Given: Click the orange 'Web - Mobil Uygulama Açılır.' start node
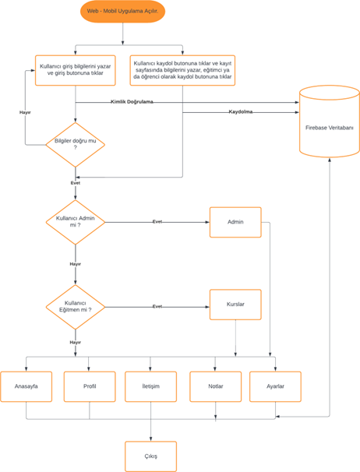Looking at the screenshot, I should [x=122, y=12].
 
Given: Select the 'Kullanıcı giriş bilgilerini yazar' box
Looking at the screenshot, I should [x=75, y=70].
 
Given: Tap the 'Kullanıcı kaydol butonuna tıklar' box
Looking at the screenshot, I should [x=182, y=69].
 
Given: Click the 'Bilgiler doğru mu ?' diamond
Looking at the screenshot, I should [x=75, y=143].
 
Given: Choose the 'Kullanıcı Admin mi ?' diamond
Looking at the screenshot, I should [x=75, y=221].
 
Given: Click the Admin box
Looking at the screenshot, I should [x=235, y=222].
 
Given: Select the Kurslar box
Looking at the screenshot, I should [x=235, y=305].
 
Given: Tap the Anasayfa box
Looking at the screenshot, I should [x=26, y=386].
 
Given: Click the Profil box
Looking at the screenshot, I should [x=89, y=386].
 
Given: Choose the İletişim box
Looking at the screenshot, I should [x=150, y=386].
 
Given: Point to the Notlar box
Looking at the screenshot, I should [x=215, y=386].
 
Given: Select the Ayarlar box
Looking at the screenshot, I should [x=275, y=386].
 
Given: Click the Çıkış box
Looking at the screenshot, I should [x=150, y=456].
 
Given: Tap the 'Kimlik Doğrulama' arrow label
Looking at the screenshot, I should [x=132, y=102].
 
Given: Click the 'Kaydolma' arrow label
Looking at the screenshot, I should [x=241, y=111].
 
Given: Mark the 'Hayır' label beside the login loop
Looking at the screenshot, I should [x=25, y=113].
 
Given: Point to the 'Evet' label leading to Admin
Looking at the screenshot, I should [x=157, y=221].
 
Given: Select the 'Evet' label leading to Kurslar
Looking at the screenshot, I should [x=157, y=306].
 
